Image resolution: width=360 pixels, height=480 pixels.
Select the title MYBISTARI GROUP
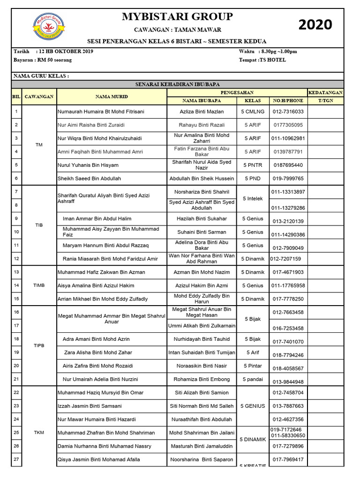pos(177,17)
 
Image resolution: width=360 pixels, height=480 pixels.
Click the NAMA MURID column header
pos(112,97)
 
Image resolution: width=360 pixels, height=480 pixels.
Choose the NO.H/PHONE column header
pos(288,100)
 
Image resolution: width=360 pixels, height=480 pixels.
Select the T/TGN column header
pos(325,100)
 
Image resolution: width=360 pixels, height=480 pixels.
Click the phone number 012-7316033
pos(288,112)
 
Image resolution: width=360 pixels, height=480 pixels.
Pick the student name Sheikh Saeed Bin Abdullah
pos(89,179)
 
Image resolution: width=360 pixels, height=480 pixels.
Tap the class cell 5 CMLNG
pos(253,112)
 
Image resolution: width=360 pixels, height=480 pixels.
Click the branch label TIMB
pos(39,285)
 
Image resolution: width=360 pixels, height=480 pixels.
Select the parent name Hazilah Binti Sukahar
pos(202,218)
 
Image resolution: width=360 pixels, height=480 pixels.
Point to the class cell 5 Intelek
pos(253,199)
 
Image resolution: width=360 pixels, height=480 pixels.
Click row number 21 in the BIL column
pos(16,379)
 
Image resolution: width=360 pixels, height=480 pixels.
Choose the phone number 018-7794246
pos(288,355)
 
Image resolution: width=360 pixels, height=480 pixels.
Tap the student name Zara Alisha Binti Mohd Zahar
pos(98,352)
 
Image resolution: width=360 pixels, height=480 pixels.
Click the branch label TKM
pos(39,433)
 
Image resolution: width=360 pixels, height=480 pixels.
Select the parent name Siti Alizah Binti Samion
pos(202,392)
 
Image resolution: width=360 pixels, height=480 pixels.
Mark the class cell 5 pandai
pos(253,379)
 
